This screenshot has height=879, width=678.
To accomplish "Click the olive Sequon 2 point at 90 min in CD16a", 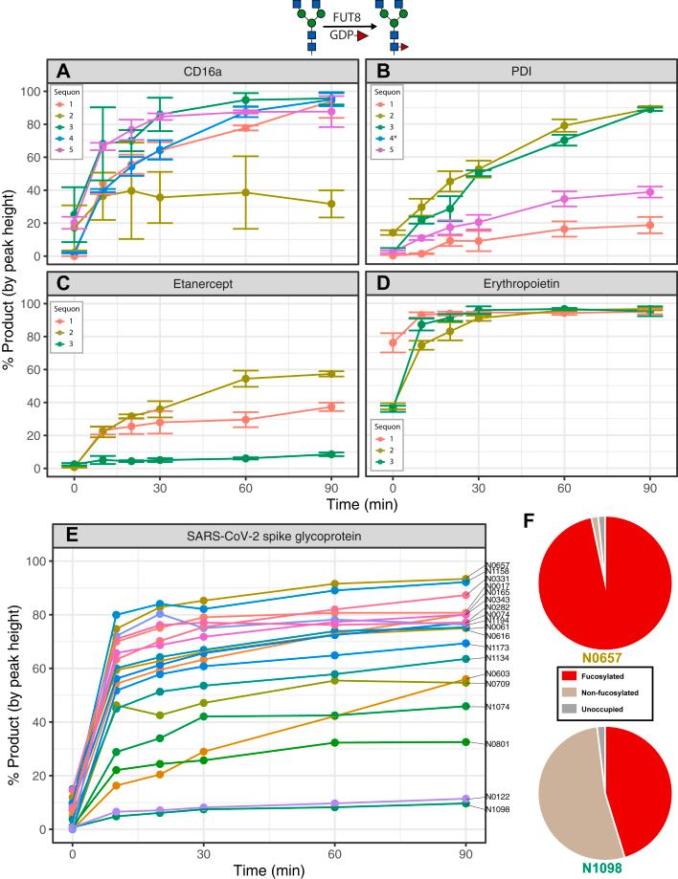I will coord(330,204).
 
